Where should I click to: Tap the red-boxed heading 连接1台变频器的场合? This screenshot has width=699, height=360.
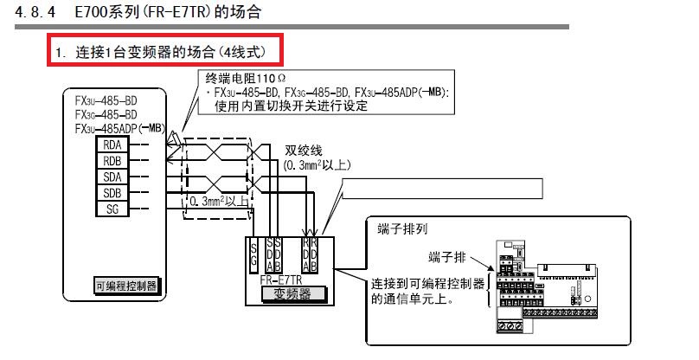point(164,52)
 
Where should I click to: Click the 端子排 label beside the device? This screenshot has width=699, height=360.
point(449,257)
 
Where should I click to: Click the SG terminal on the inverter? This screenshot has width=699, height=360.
point(253,254)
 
